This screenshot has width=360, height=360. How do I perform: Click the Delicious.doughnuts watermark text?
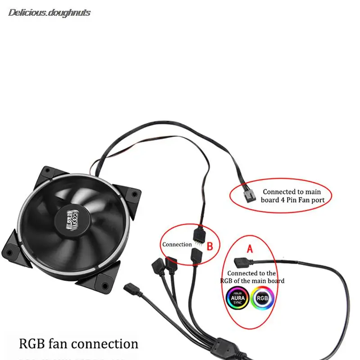coord(49,13)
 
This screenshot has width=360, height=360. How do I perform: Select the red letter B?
coord(209,246)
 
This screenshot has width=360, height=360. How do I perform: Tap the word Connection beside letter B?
coord(177,244)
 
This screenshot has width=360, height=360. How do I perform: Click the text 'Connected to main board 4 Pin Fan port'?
coord(292,196)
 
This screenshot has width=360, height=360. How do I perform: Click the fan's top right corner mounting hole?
coord(133,194)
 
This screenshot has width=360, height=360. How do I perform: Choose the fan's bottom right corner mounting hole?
coord(104,285)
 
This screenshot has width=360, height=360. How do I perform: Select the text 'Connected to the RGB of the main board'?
coord(252,277)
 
